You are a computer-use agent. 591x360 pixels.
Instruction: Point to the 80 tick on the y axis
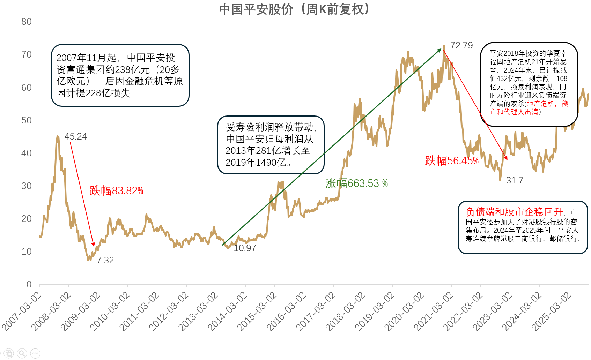(x=27, y=22)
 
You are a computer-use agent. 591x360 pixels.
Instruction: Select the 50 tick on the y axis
(x=27, y=121)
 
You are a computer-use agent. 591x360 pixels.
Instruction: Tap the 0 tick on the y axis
(x=29, y=285)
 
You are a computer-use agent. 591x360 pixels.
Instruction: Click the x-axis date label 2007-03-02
(x=22, y=312)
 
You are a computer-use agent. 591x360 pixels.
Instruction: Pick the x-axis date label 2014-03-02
(x=228, y=312)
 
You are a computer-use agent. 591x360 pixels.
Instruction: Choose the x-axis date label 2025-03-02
(x=551, y=312)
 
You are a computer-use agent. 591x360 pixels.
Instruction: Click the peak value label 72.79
(x=461, y=46)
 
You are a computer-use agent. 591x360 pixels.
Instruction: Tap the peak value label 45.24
(x=75, y=137)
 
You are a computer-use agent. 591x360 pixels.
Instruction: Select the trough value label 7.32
(x=105, y=261)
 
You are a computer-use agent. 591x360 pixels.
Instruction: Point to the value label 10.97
(x=245, y=248)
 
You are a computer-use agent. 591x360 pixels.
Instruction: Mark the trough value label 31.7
(x=515, y=181)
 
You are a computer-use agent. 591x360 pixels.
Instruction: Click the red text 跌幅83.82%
(x=116, y=191)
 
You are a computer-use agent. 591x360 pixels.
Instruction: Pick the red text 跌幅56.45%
(x=451, y=161)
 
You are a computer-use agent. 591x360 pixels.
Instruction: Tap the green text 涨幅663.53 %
(x=356, y=183)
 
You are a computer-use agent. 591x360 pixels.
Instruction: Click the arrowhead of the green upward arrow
(x=439, y=50)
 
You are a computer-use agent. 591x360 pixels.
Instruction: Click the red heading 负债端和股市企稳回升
(x=514, y=212)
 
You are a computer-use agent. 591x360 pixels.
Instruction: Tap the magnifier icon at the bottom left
(x=22, y=353)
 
